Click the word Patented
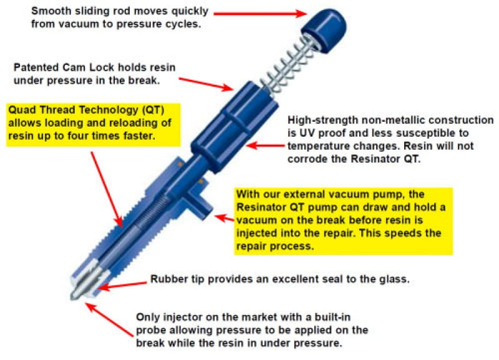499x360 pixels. (x=37, y=66)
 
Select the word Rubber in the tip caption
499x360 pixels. (x=168, y=280)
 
